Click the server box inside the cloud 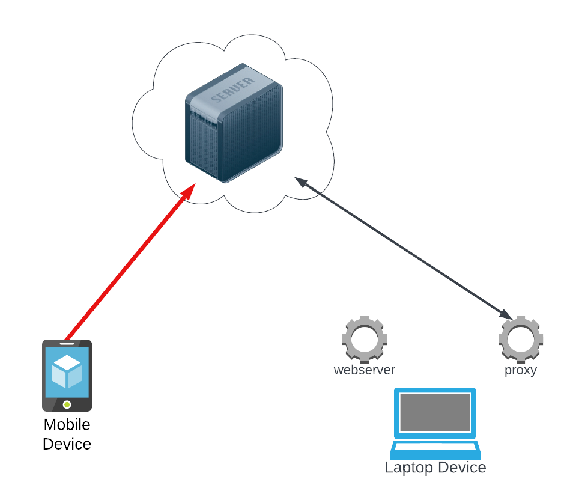coord(233,123)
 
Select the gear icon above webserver coord(364,338)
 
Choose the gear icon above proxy coord(520,338)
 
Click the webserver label coord(365,370)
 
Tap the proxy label coord(520,370)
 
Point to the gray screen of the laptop coord(435,412)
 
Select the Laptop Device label coord(435,468)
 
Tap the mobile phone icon coord(67,376)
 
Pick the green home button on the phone coord(67,404)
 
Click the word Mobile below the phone coord(67,425)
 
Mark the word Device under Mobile coord(67,444)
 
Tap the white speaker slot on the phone coord(67,344)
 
